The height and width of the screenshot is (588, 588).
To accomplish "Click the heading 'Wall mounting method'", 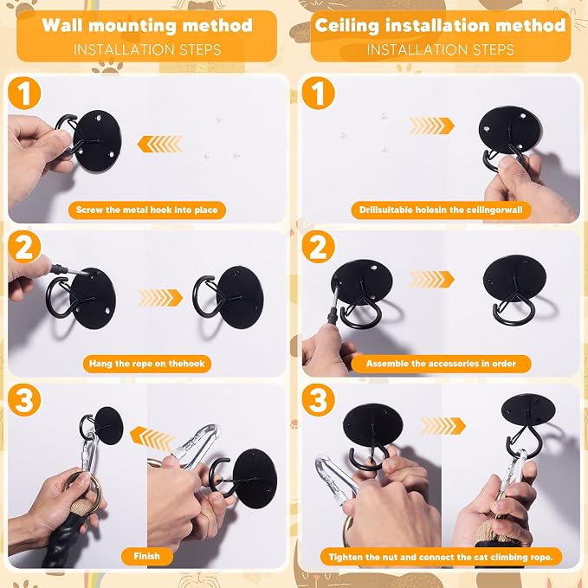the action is tap(147, 25).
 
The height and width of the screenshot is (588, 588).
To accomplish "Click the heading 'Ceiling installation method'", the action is tap(440, 25).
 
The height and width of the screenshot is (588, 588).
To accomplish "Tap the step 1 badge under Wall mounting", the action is tap(24, 93).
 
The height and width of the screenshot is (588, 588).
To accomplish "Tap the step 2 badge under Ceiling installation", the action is tap(318, 247).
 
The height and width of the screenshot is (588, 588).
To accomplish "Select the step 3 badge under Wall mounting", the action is tap(24, 400).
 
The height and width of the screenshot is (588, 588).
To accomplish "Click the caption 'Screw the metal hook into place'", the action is tap(147, 210).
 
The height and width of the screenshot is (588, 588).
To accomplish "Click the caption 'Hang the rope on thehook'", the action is tap(147, 364).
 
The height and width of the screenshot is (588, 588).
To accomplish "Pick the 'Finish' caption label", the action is tap(147, 556).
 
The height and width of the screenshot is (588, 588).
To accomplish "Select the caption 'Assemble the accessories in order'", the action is tap(441, 364).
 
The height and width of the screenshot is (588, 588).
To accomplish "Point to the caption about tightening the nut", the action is tap(441, 557).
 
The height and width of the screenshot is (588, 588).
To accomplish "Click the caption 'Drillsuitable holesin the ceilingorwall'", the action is tap(441, 210).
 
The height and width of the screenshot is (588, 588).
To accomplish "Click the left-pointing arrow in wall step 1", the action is tap(160, 144).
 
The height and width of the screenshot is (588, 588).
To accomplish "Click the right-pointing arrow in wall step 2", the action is tap(160, 298).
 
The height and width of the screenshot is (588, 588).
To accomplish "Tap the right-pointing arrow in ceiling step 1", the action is tap(431, 126).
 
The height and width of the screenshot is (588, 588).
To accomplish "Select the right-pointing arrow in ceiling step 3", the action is tap(443, 426).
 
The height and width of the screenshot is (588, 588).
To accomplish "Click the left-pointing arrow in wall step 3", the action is tap(152, 437).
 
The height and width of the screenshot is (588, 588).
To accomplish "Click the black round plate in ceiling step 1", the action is tap(510, 130).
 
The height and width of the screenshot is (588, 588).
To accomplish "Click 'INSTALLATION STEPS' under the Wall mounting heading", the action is tap(147, 49).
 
